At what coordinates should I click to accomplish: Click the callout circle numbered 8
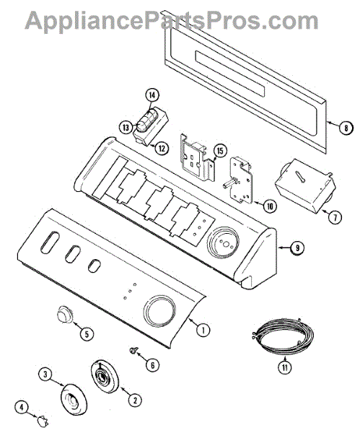346,128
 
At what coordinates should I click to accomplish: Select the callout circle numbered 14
152,95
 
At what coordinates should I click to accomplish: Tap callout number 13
126,128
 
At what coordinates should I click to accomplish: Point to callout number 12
162,148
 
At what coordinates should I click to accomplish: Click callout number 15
220,151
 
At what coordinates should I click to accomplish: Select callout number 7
335,218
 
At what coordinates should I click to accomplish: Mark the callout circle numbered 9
297,248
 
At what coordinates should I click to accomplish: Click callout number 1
203,330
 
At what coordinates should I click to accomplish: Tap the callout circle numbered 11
285,367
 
